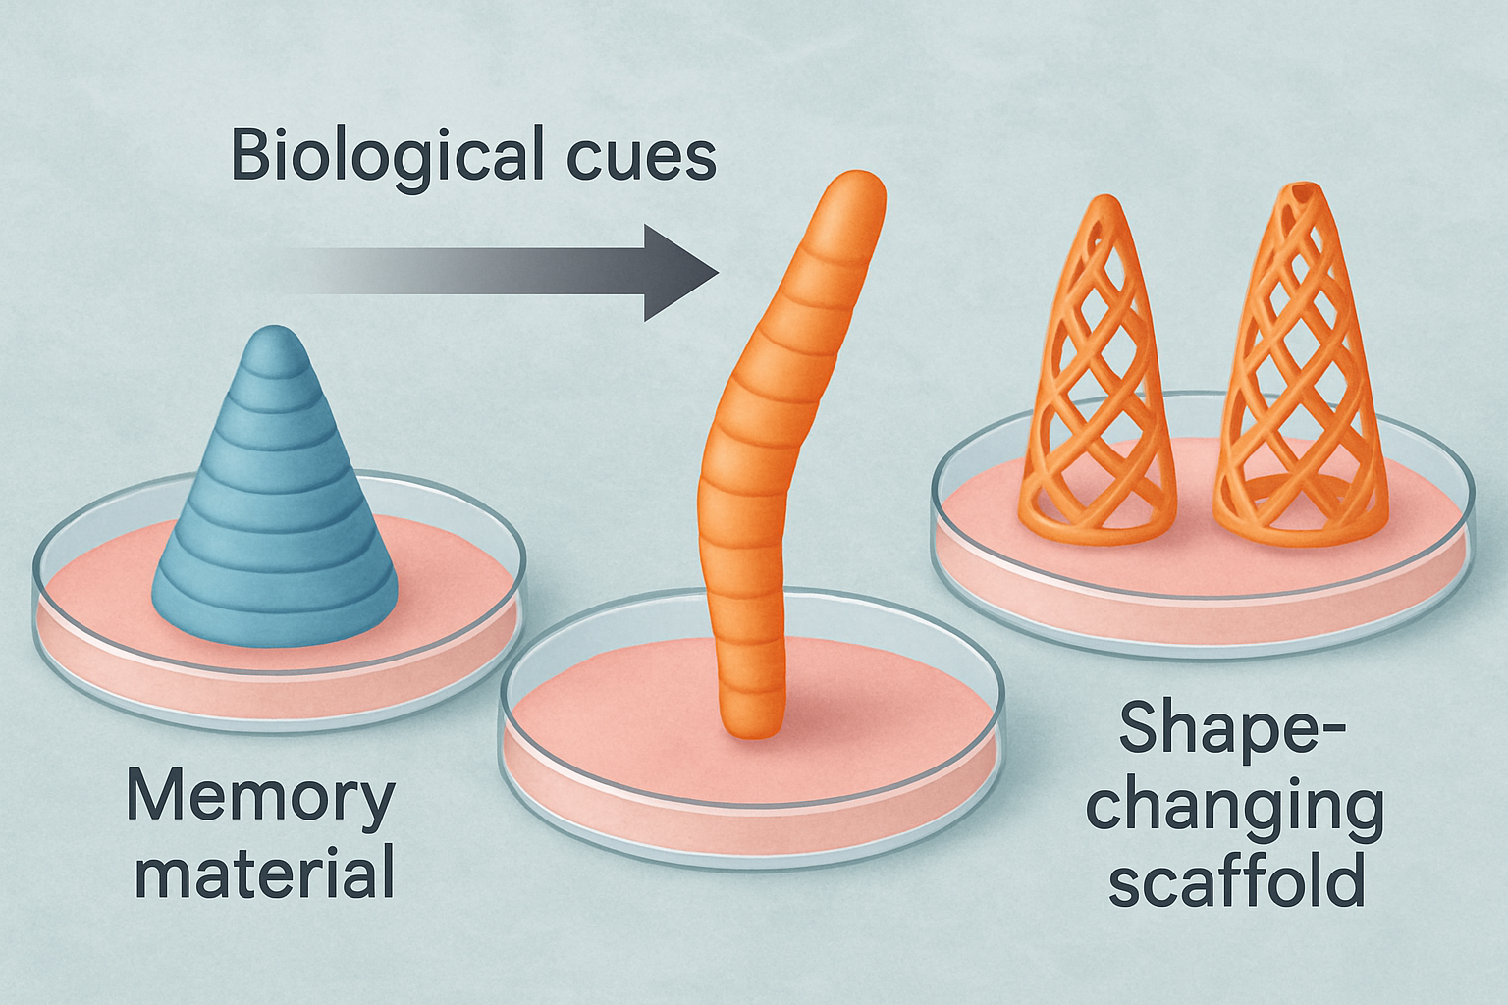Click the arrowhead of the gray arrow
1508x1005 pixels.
tap(680, 273)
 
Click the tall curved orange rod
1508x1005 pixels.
tap(787, 457)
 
